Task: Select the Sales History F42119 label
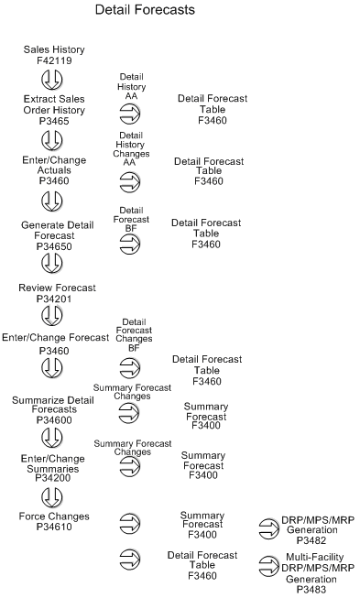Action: (x=53, y=54)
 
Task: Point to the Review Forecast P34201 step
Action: (x=53, y=292)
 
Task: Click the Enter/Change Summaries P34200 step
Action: (x=53, y=464)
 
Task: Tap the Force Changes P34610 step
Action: (x=53, y=521)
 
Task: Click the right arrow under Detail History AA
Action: (x=131, y=114)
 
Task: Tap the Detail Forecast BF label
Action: (x=131, y=216)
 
